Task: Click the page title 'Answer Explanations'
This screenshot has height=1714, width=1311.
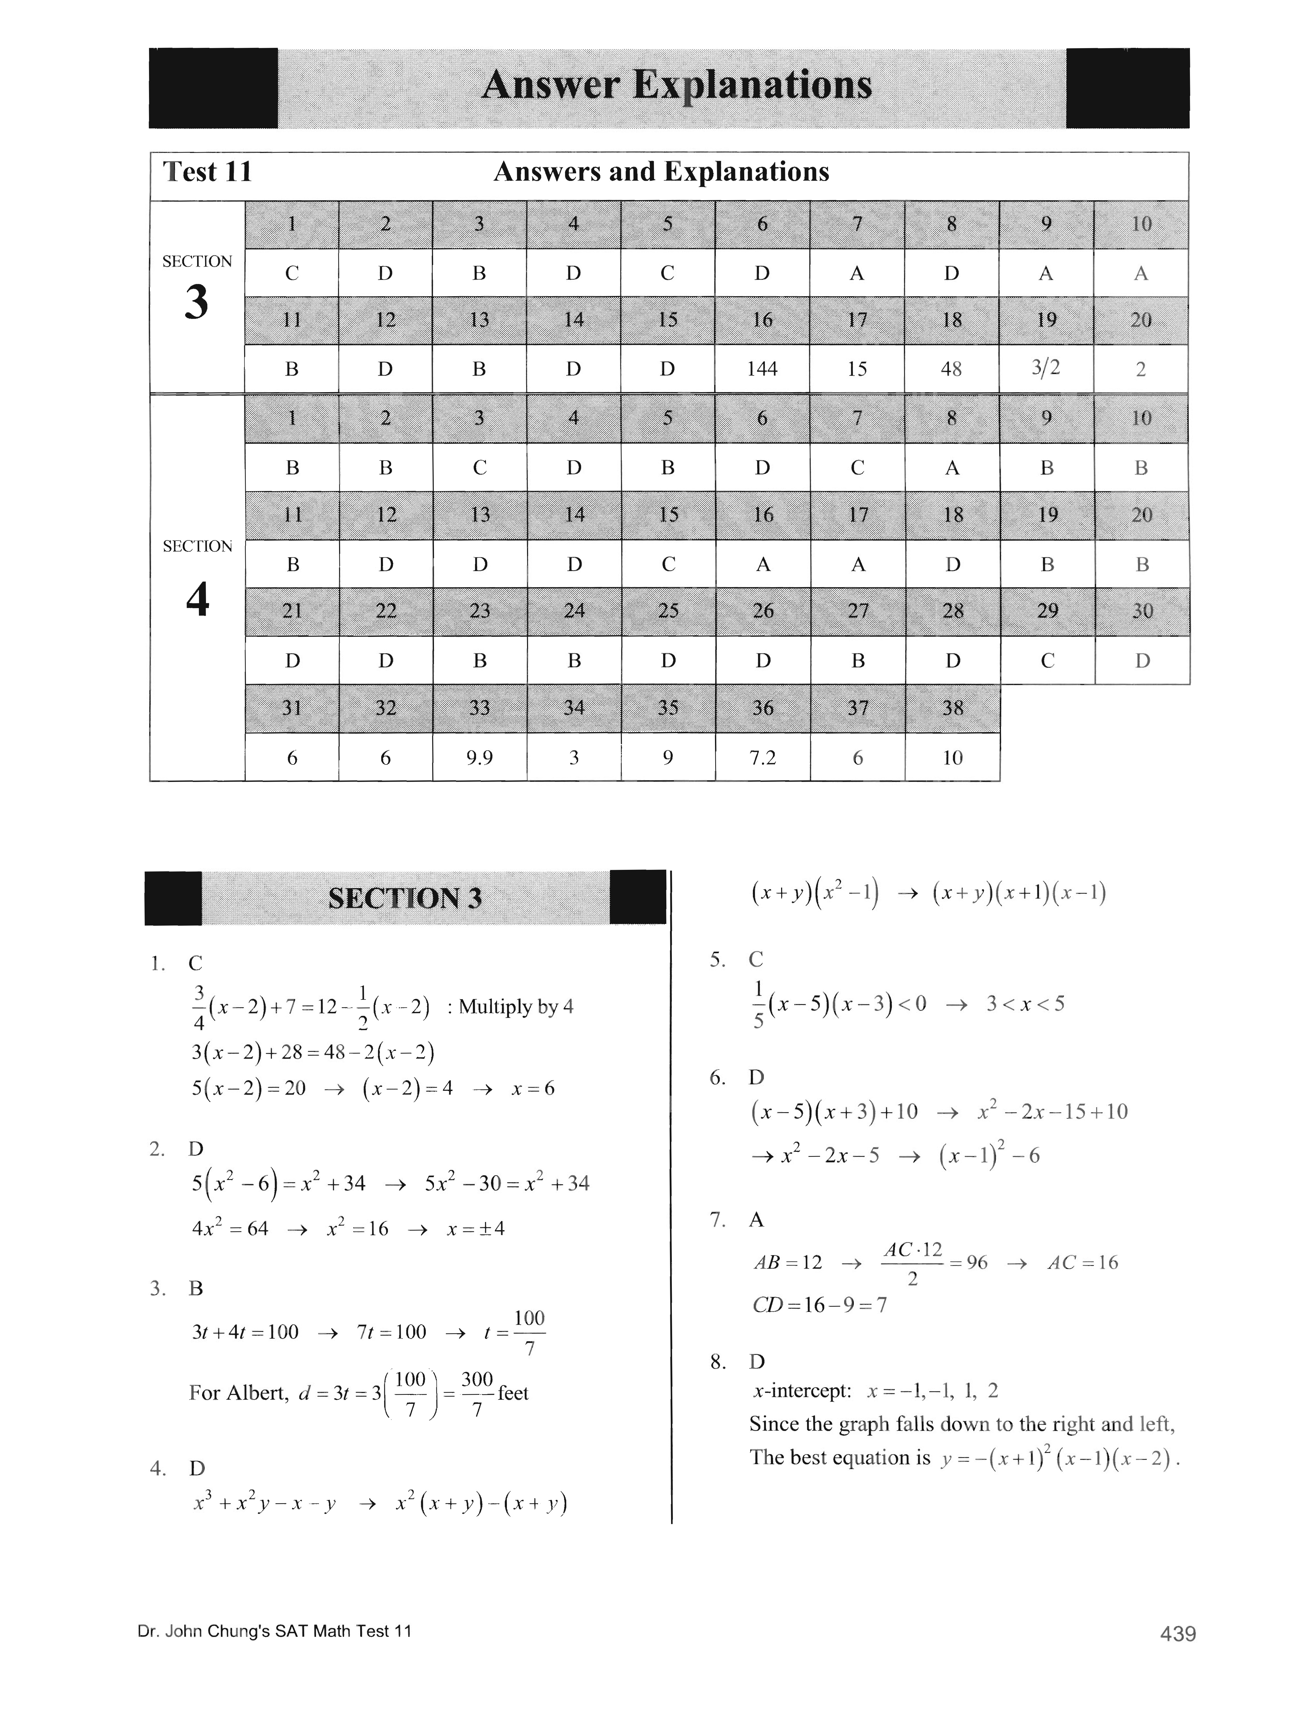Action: [x=677, y=85]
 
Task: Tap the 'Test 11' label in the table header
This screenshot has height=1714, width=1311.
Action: [x=208, y=172]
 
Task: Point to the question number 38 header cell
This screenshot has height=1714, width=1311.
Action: [x=952, y=708]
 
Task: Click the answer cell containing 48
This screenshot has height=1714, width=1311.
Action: [x=951, y=369]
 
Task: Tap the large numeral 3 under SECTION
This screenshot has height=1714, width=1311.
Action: [x=197, y=303]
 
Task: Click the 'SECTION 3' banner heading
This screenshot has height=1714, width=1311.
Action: [x=405, y=898]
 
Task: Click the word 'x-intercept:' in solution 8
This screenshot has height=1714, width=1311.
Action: [x=802, y=1391]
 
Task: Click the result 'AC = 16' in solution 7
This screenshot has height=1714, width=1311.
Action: [x=1082, y=1263]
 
